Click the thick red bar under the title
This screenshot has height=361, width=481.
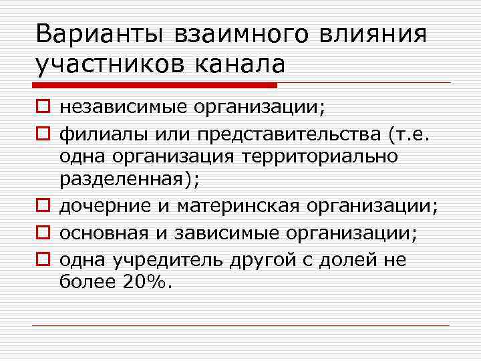[x=154, y=85]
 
